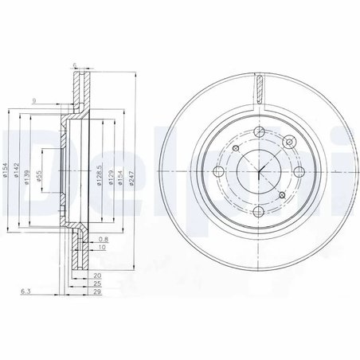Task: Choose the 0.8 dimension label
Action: click(x=104, y=238)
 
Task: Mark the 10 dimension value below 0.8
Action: click(x=104, y=248)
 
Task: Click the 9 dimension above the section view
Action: click(x=35, y=101)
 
